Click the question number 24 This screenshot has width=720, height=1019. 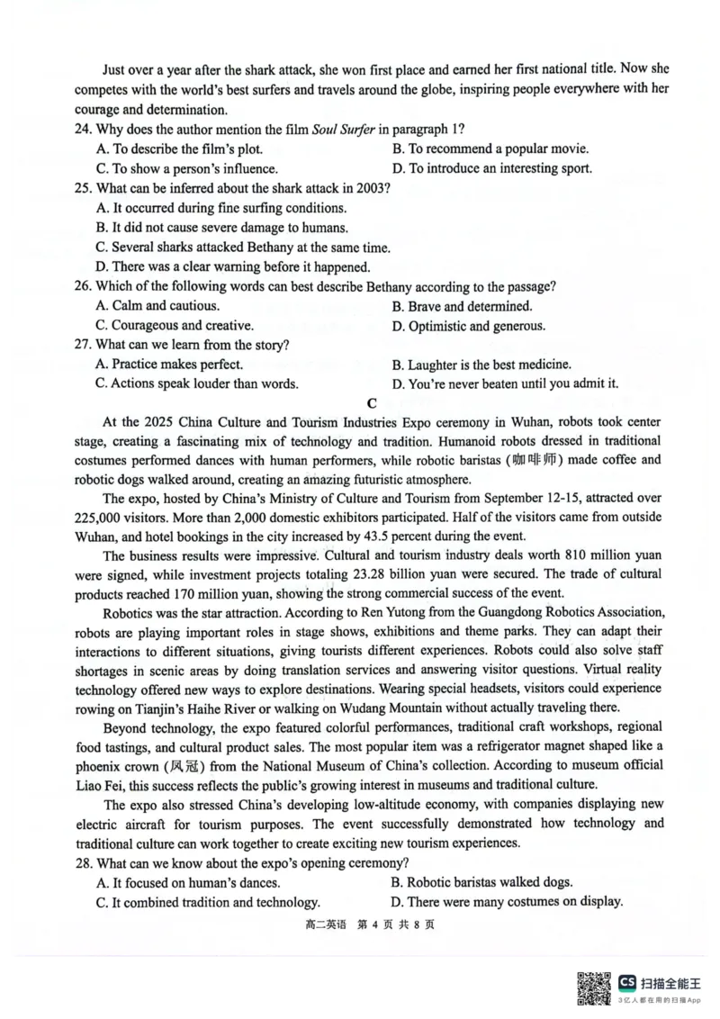[84, 130]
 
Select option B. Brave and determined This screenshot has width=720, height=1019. [462, 306]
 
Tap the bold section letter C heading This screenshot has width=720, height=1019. [371, 403]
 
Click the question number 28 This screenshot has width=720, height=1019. [84, 863]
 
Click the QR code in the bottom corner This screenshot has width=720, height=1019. [590, 987]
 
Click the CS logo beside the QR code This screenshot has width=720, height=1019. [627, 981]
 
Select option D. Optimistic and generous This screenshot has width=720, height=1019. [468, 326]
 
